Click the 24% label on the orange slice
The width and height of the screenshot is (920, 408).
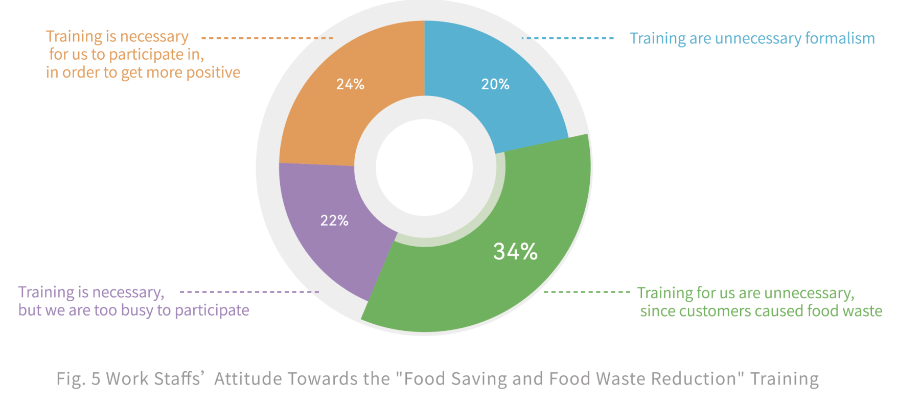pyautogui.click(x=350, y=84)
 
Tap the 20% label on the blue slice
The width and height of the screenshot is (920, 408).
pyautogui.click(x=495, y=84)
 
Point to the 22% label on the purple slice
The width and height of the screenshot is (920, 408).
pyautogui.click(x=334, y=221)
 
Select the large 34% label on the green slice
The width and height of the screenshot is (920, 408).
pyautogui.click(x=515, y=251)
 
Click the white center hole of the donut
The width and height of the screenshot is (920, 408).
pyautogui.click(x=424, y=167)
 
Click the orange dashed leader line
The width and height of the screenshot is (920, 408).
pyautogui.click(x=267, y=38)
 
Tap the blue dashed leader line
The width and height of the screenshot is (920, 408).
pyautogui.click(x=567, y=38)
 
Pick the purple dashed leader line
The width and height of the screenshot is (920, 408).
pyautogui.click(x=249, y=292)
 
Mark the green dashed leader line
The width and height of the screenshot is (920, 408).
pyautogui.click(x=586, y=292)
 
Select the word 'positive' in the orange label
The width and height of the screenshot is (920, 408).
pyautogui.click(x=213, y=73)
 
